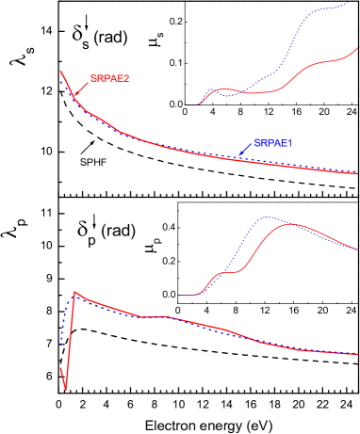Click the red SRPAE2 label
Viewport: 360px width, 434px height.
[109, 79]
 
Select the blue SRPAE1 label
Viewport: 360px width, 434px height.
[273, 143]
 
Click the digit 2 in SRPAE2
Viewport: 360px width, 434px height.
[126, 79]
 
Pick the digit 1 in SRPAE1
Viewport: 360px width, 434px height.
[290, 143]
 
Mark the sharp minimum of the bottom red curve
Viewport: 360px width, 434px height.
[65, 390]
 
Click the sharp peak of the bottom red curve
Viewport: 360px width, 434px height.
[74, 292]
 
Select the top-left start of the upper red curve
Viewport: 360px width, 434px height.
[61, 72]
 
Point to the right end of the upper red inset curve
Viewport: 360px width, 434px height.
[357, 47]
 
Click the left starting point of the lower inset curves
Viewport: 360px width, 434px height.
[181, 295]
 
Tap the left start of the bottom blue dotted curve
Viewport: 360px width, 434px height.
[61, 345]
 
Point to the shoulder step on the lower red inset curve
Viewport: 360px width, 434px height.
[226, 273]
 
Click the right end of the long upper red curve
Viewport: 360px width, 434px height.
[357, 174]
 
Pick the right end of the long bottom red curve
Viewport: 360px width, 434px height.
[357, 356]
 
